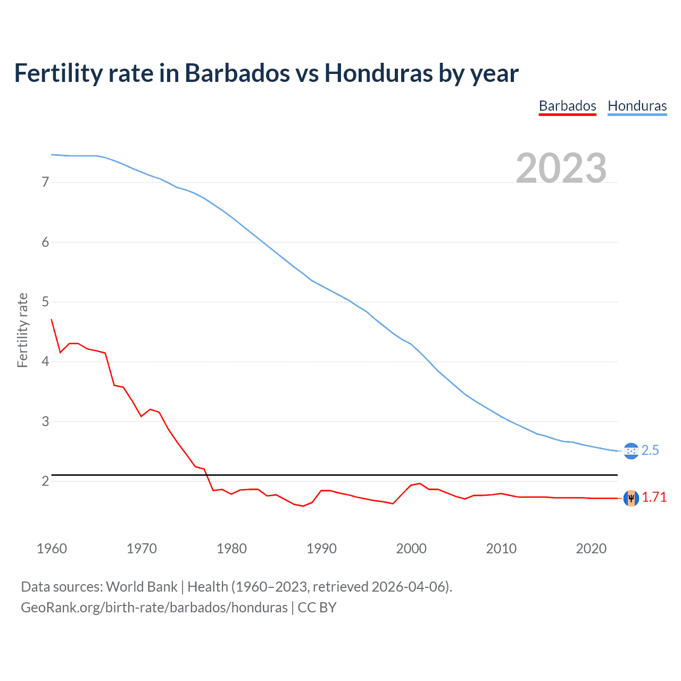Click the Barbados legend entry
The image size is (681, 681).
pyautogui.click(x=567, y=106)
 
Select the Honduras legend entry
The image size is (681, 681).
pyautogui.click(x=637, y=106)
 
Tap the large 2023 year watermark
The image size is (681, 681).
pyautogui.click(x=561, y=168)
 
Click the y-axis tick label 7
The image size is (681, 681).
pyautogui.click(x=45, y=182)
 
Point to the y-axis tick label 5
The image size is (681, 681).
pyautogui.click(x=45, y=302)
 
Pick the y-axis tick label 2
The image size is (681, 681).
pyautogui.click(x=45, y=481)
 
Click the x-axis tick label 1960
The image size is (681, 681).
pyautogui.click(x=52, y=549)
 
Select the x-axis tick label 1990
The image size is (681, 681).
pyautogui.click(x=321, y=549)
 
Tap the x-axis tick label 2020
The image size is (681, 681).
pyautogui.click(x=591, y=549)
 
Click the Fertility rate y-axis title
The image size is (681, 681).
pyautogui.click(x=22, y=330)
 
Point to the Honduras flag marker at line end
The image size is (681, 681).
pyautogui.click(x=631, y=451)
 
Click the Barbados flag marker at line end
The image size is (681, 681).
pyautogui.click(x=631, y=498)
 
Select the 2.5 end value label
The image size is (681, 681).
pyautogui.click(x=650, y=451)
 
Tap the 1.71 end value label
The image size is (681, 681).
pyautogui.click(x=654, y=497)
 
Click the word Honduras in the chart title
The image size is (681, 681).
pyautogui.click(x=379, y=73)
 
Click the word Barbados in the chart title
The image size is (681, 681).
pyautogui.click(x=237, y=73)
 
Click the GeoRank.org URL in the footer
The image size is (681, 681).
pyautogui.click(x=154, y=608)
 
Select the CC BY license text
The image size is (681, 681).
pyautogui.click(x=317, y=608)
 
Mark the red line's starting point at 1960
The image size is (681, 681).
pyautogui.click(x=52, y=319)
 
